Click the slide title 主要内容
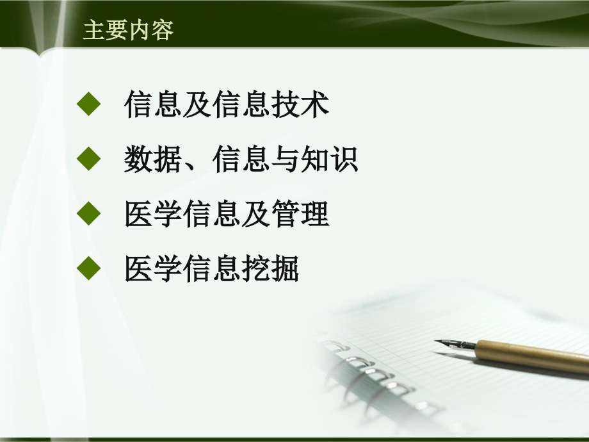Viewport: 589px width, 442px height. coord(128,30)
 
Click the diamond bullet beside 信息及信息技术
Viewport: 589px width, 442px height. coord(89,104)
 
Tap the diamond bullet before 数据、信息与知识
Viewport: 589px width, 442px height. coord(89,160)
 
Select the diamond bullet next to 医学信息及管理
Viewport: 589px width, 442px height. coord(89,215)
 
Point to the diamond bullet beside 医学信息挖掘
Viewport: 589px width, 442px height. coord(89,270)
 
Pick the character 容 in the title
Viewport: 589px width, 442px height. coord(163,30)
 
